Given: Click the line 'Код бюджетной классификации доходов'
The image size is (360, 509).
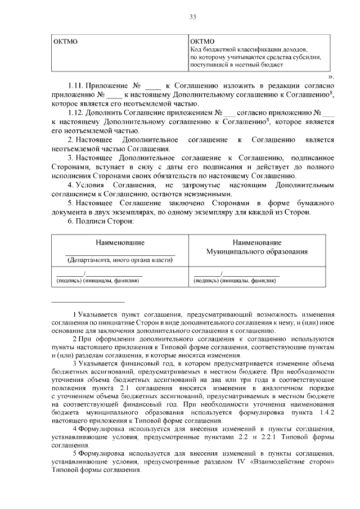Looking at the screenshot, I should tap(248, 49).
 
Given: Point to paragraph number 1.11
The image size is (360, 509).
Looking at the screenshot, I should tap(76, 85).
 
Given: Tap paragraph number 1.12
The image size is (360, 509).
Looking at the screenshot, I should tap(76, 112).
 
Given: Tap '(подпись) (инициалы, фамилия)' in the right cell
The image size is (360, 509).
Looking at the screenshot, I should tap(235, 280).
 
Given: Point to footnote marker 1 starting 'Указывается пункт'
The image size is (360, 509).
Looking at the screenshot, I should tap(75, 313).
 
